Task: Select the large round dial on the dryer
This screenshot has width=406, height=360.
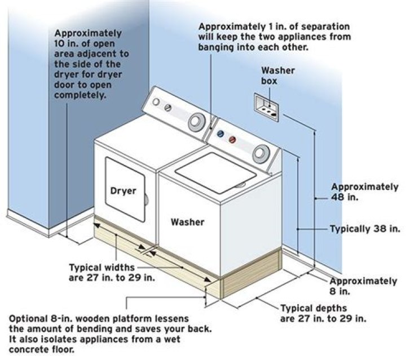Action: [x=195, y=121]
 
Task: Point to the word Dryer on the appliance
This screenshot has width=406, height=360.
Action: [x=123, y=190]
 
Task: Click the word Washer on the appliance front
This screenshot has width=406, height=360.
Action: [x=188, y=221]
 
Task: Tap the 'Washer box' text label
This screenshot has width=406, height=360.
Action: [x=274, y=75]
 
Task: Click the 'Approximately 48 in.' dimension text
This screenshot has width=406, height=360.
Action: [x=364, y=192]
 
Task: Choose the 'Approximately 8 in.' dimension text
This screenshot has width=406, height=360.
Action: [x=363, y=286]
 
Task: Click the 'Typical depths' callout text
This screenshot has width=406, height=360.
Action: [x=314, y=308]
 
